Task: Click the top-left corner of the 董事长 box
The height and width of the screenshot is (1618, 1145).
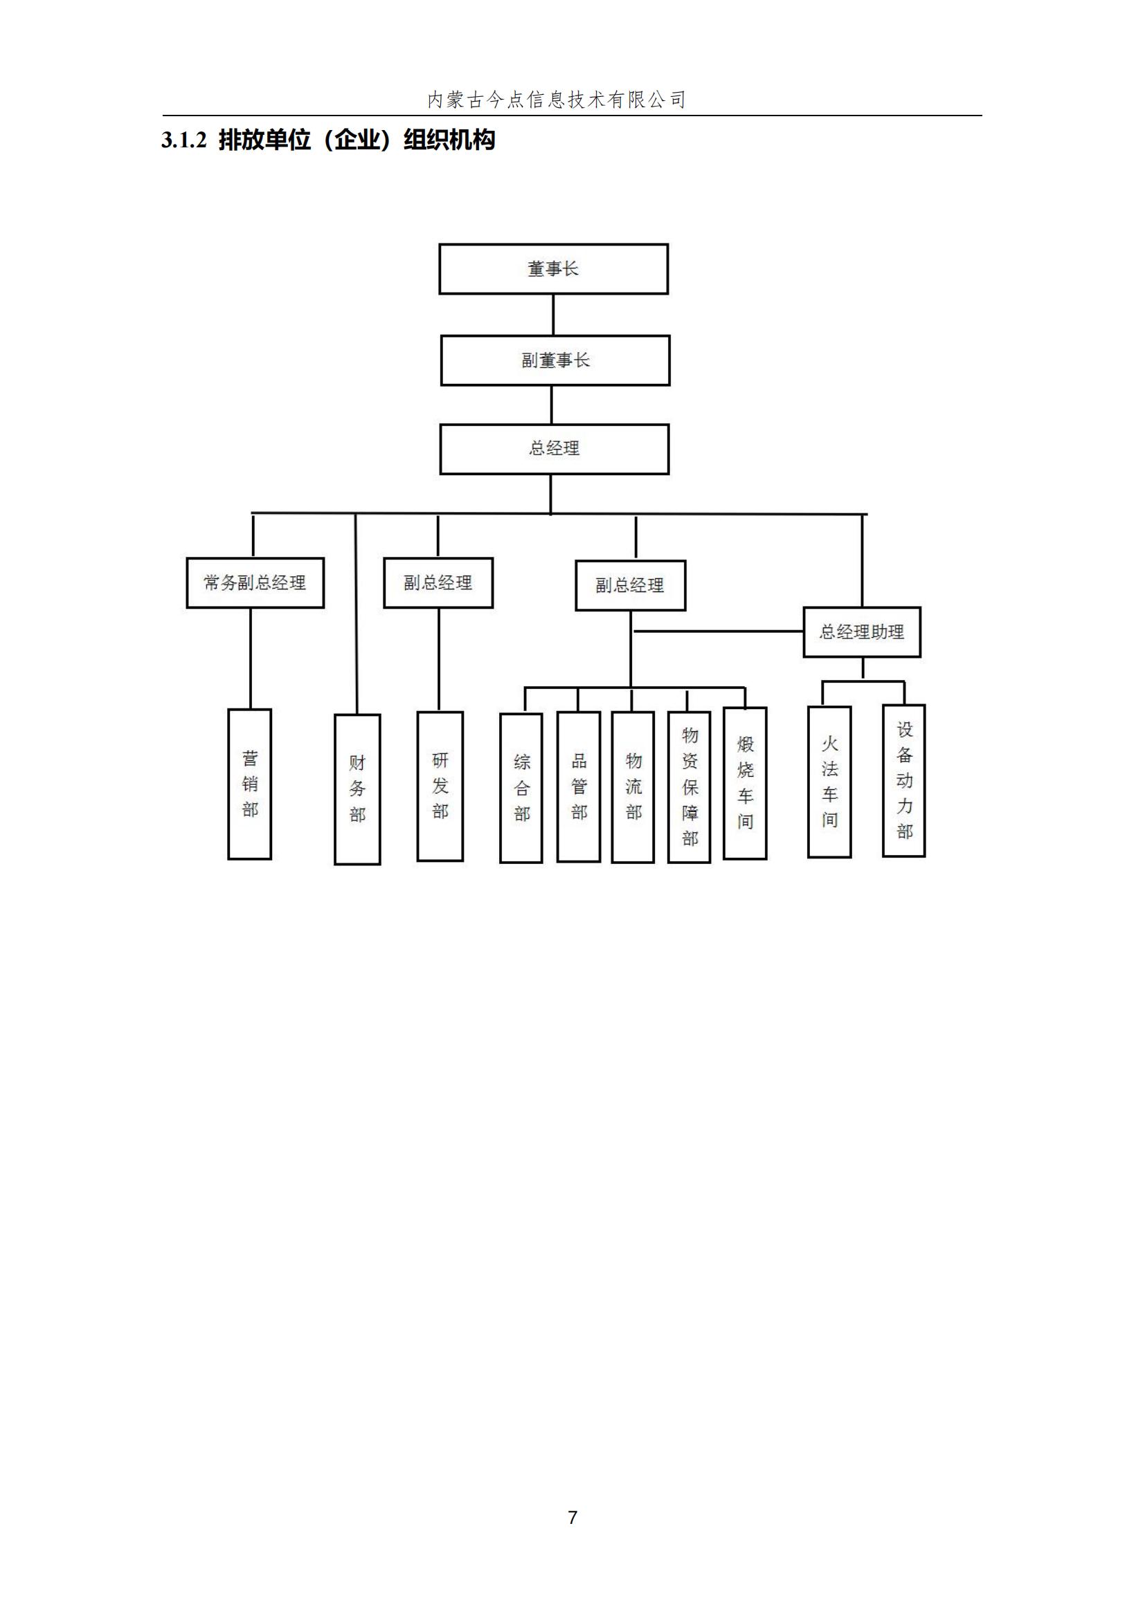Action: [440, 244]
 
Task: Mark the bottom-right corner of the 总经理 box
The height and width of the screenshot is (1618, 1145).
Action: [669, 474]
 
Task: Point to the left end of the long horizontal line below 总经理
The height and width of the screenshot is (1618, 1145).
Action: [252, 513]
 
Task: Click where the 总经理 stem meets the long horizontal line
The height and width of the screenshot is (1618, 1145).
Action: [550, 514]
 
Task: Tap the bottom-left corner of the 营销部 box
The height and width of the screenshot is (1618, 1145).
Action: [228, 858]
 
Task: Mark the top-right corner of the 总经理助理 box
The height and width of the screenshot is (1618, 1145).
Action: [920, 607]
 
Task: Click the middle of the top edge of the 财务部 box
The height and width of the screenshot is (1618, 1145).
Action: [357, 715]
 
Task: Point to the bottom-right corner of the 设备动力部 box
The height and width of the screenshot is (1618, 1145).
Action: [924, 856]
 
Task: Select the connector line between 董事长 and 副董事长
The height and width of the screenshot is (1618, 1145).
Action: [552, 315]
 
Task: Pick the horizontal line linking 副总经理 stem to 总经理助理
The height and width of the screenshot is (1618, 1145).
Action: [718, 631]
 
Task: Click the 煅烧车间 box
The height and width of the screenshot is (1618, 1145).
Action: [746, 783]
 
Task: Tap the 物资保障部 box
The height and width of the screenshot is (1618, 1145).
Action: [689, 787]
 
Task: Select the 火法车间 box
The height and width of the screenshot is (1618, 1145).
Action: [829, 782]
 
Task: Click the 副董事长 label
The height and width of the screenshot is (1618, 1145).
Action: [556, 361]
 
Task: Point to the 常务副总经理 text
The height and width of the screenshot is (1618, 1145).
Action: [255, 582]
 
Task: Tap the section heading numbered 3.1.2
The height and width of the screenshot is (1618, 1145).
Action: [328, 140]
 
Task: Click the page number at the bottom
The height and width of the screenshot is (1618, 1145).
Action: [572, 1517]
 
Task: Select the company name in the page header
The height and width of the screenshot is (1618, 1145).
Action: [557, 100]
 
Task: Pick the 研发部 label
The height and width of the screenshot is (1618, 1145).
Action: [440, 786]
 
